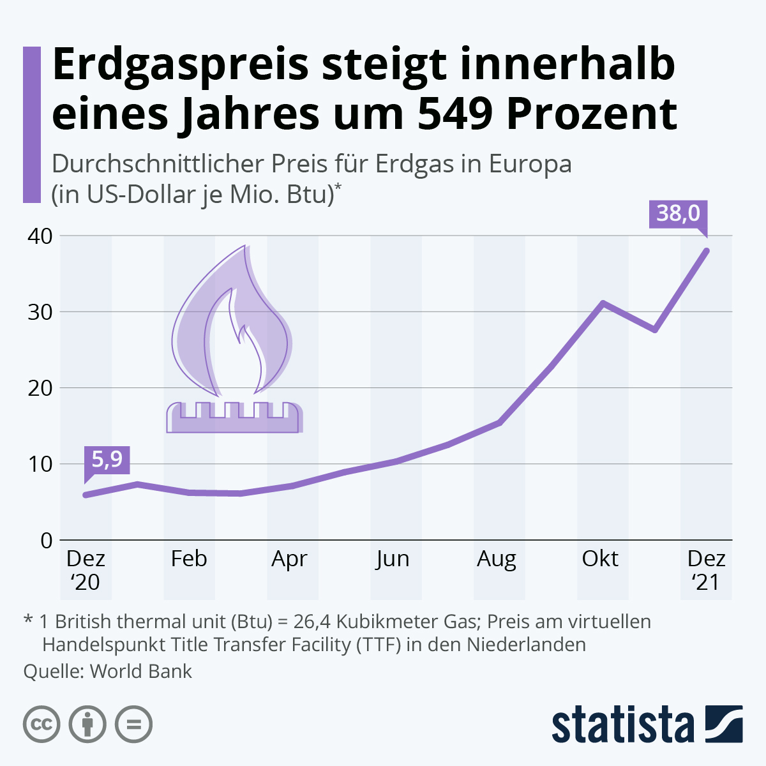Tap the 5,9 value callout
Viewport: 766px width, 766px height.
107,459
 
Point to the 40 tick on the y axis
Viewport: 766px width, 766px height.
39,236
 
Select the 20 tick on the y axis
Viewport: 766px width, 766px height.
39,387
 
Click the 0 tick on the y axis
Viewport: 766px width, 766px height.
47,540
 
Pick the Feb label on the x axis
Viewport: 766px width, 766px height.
189,559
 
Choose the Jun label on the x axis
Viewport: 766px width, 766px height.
392,559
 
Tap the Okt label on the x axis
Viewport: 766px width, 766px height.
600,559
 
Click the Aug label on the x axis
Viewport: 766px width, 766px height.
496,559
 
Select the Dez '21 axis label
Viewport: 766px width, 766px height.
706,570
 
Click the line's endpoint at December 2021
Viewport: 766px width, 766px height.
707,250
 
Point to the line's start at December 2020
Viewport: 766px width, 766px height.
86,495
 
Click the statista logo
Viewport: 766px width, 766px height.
647,725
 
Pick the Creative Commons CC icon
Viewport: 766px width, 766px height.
41,725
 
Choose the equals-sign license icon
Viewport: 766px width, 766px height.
134,725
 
